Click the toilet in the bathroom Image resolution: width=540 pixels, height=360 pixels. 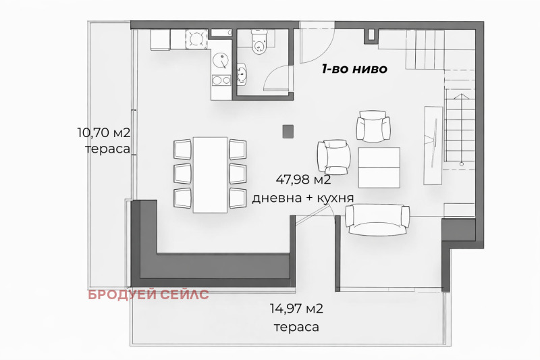[259, 42]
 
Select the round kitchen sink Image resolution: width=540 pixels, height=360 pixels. [221, 62]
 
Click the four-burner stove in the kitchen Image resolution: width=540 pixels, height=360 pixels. [196, 40]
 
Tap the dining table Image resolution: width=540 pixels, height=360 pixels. [210, 174]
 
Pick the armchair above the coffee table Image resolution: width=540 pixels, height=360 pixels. [373, 126]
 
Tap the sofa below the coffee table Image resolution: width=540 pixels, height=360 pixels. [377, 219]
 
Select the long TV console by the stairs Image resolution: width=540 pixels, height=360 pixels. [431, 145]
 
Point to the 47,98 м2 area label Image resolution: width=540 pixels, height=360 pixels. [303, 180]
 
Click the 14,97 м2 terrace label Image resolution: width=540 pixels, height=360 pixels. [296, 310]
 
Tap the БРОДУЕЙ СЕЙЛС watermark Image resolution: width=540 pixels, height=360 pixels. [148, 294]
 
